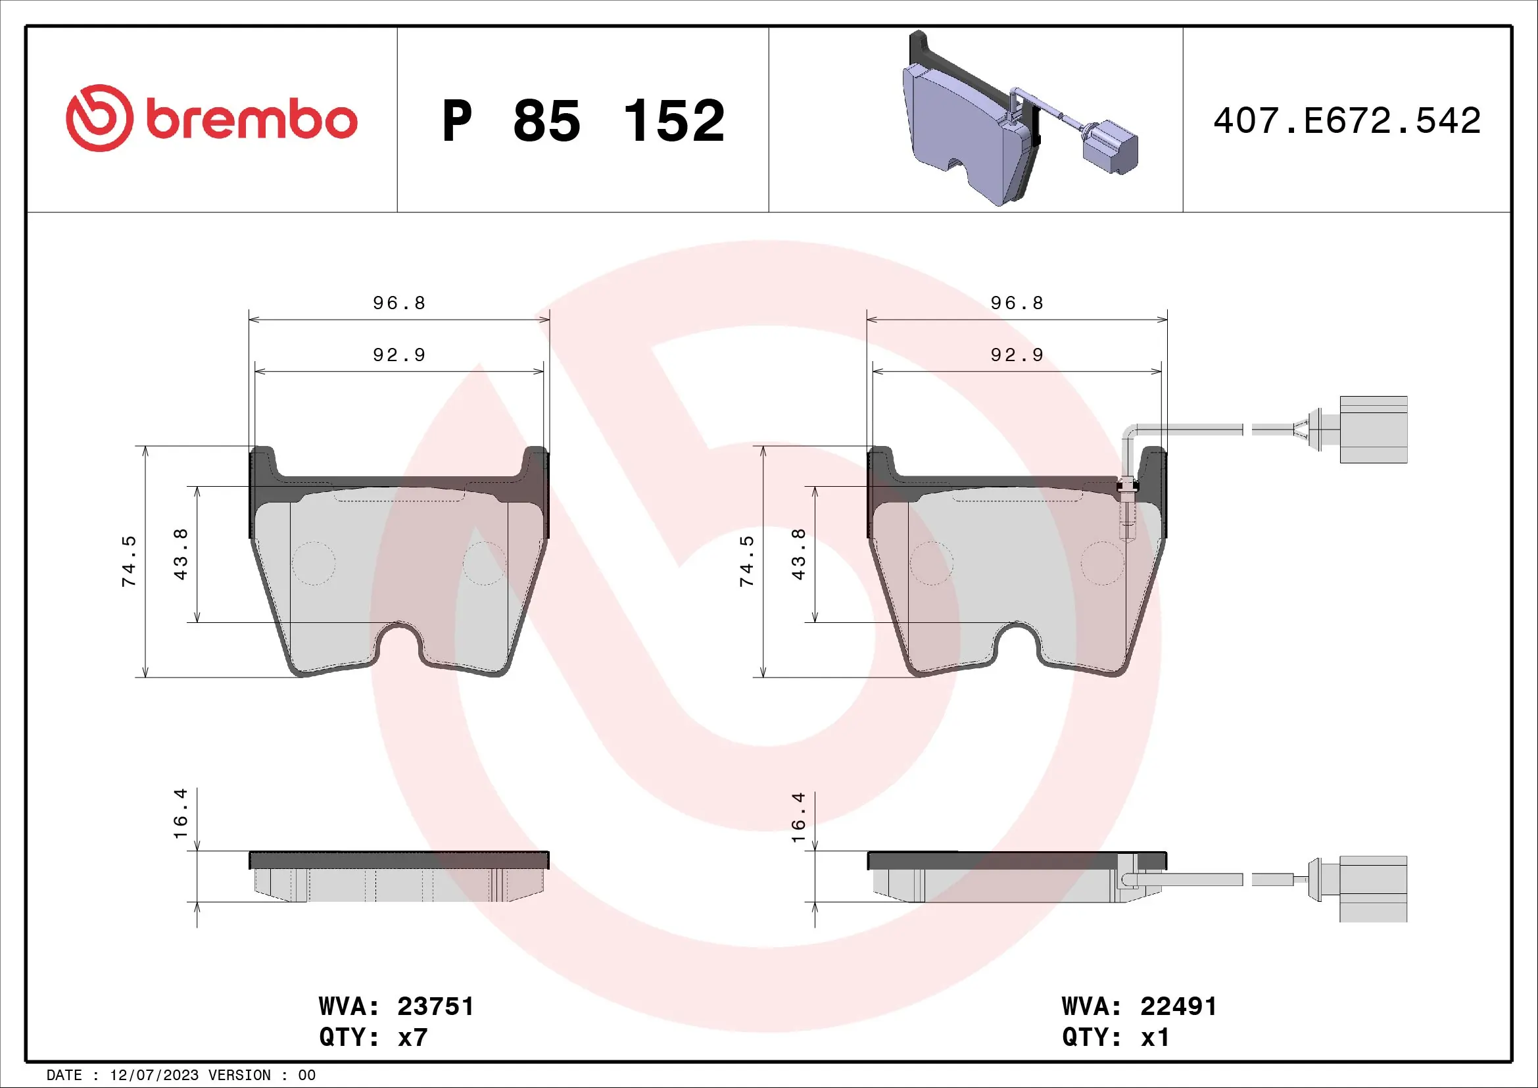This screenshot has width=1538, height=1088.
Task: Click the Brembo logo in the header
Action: (x=211, y=118)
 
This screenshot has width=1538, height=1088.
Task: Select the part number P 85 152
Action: (x=583, y=121)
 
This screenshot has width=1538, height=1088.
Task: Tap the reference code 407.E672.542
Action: (x=1347, y=121)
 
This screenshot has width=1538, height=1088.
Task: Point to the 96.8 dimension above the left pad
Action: (x=399, y=303)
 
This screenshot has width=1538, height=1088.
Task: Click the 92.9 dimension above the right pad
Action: (x=1017, y=355)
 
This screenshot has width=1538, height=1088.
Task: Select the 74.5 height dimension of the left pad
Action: (x=129, y=561)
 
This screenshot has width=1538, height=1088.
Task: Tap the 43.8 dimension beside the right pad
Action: (x=798, y=554)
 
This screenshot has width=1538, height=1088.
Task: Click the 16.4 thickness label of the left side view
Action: (x=181, y=813)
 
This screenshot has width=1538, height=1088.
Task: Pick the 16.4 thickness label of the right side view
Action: (x=798, y=818)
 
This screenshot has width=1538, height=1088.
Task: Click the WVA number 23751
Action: (x=435, y=1006)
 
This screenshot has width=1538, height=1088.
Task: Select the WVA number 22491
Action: (x=1178, y=1006)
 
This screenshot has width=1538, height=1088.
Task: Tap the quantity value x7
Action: (x=413, y=1037)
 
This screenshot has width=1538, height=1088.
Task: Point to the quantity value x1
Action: (x=1155, y=1037)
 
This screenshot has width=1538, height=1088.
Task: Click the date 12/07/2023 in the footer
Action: (x=154, y=1076)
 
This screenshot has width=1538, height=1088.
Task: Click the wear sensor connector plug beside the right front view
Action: (x=1372, y=430)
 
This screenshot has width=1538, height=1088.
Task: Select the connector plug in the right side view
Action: (x=1372, y=889)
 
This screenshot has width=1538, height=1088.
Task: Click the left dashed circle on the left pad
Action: (x=314, y=563)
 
